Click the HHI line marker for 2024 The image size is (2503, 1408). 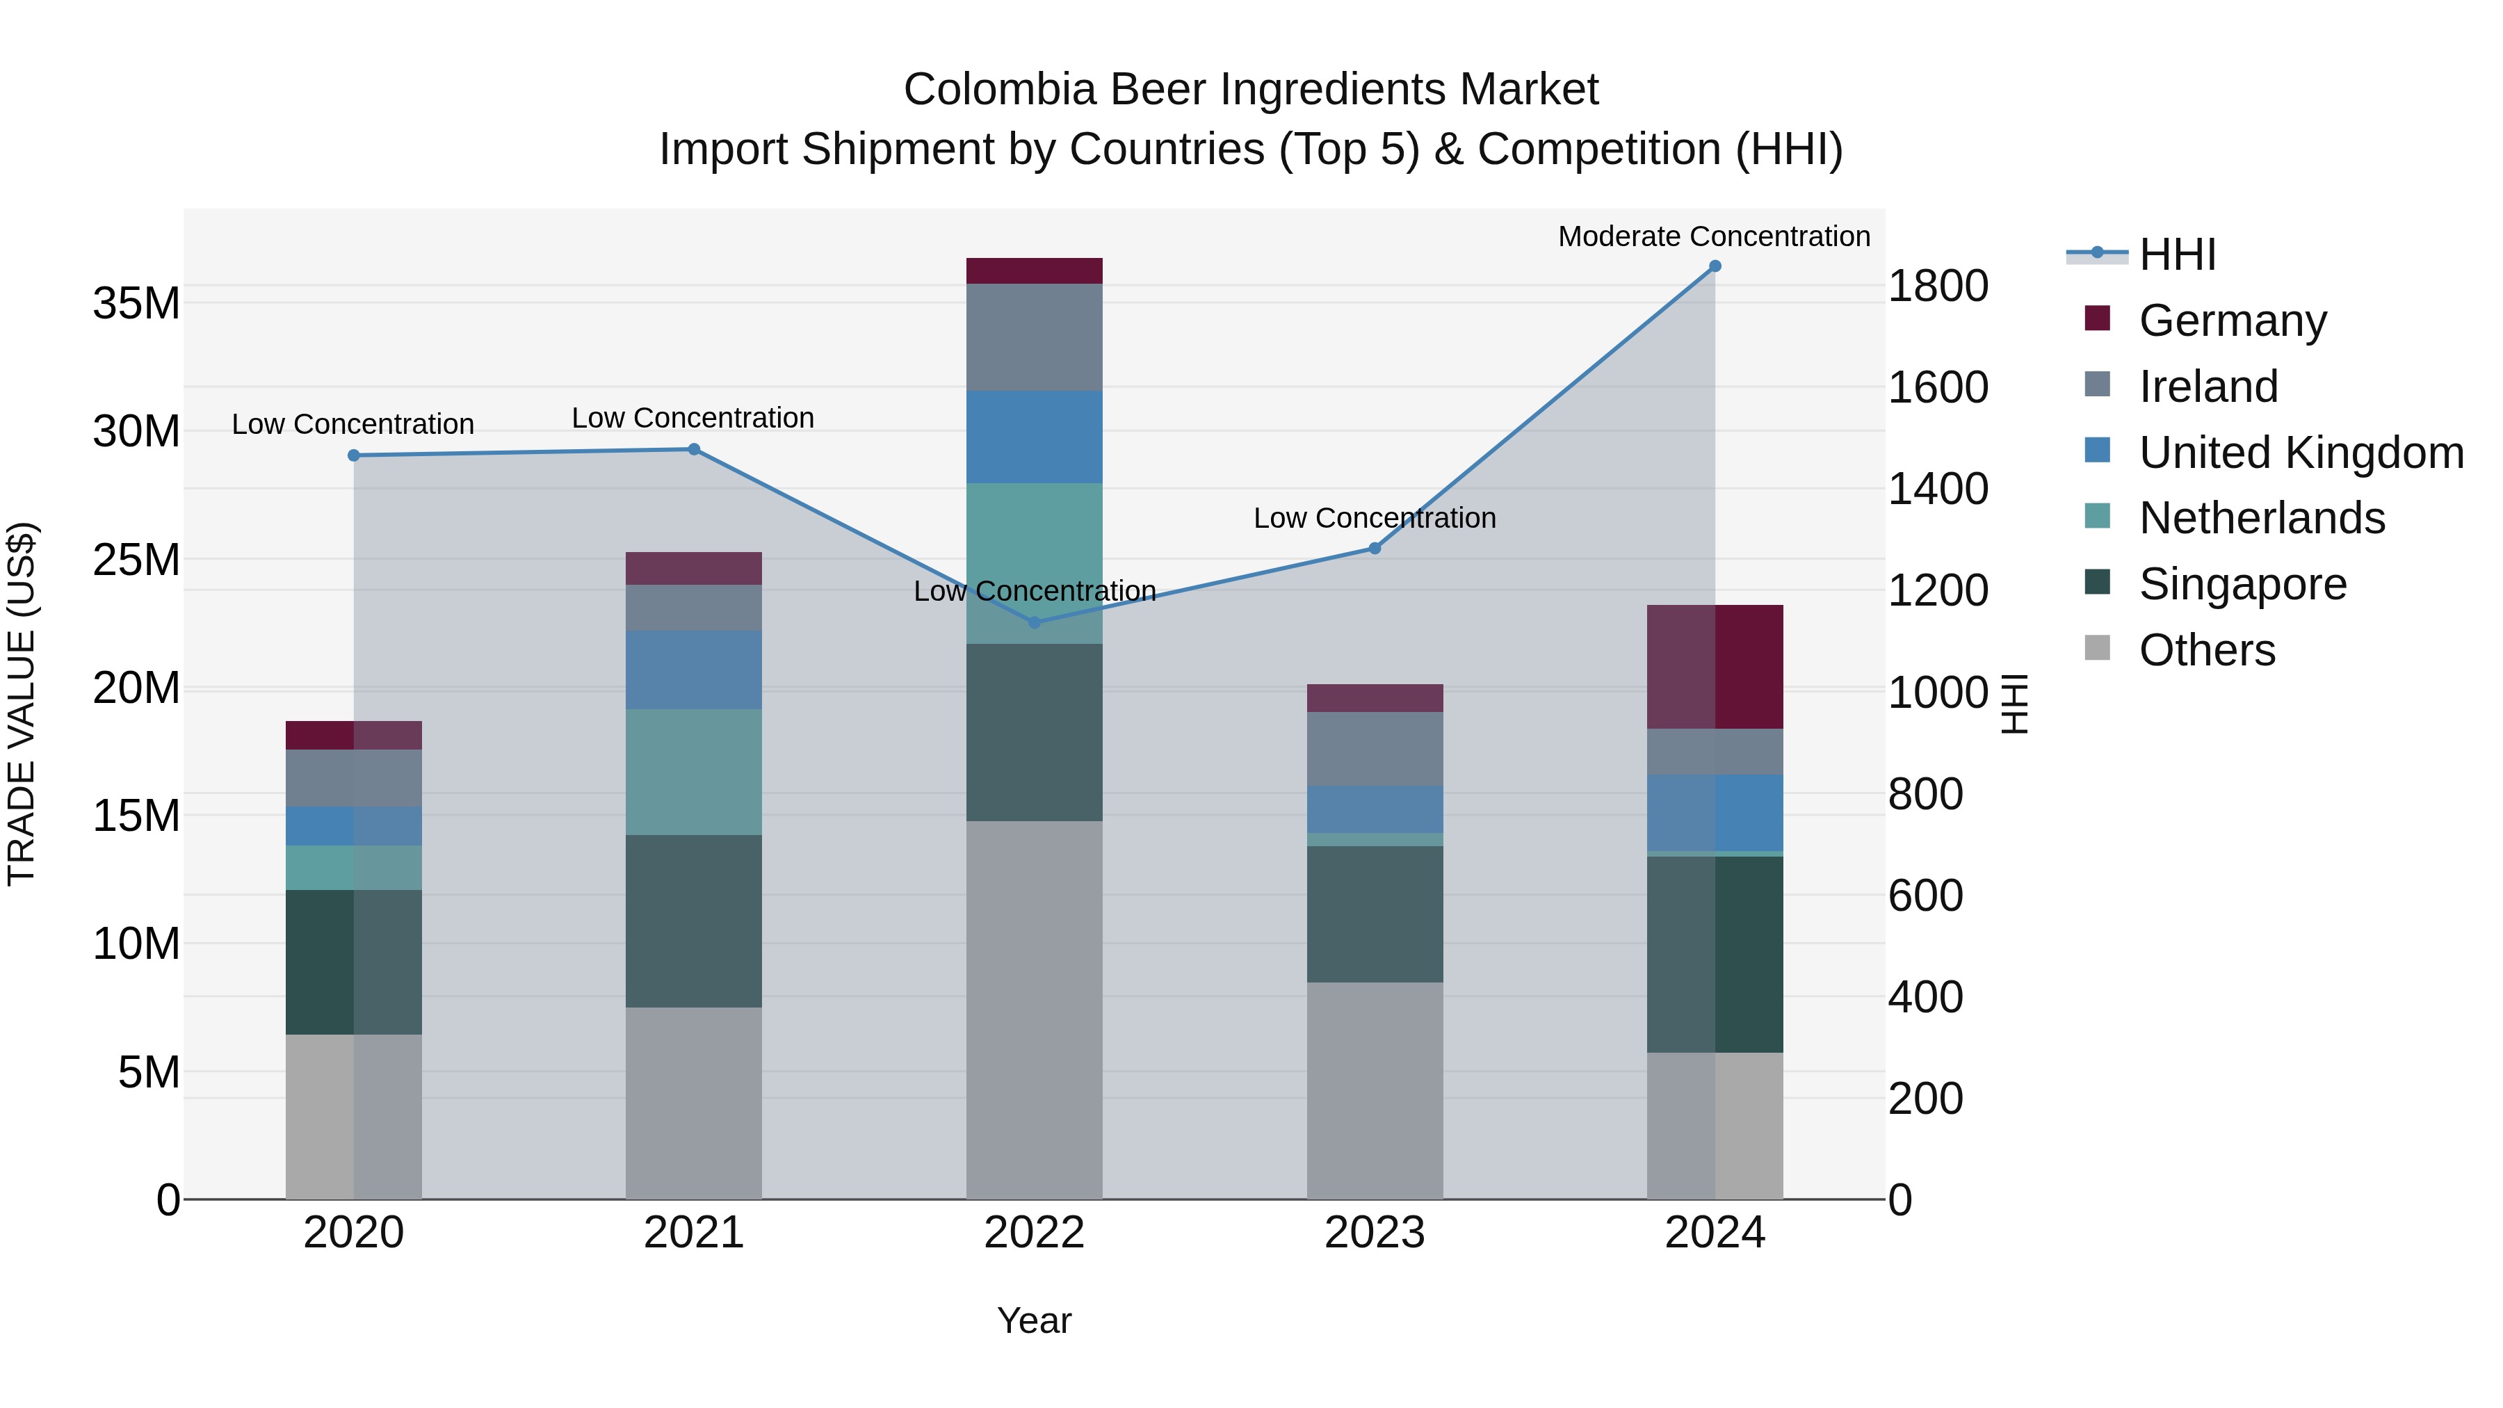pyautogui.click(x=1715, y=266)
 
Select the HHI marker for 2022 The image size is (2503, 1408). pyautogui.click(x=1035, y=623)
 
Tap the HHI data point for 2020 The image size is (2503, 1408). pyautogui.click(x=354, y=455)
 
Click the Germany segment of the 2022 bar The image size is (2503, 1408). pyautogui.click(x=1035, y=271)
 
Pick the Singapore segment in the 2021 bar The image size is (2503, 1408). pyautogui.click(x=694, y=921)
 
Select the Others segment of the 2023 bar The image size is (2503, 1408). pyautogui.click(x=1375, y=1090)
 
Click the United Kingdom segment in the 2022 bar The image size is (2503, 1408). pyautogui.click(x=1035, y=437)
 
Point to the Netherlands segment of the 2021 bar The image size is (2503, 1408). pyautogui.click(x=694, y=772)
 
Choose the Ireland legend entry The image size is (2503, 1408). pyautogui.click(x=2208, y=387)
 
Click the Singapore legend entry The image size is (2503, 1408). pyautogui.click(x=2242, y=584)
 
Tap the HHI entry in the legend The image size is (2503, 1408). pyautogui.click(x=2176, y=254)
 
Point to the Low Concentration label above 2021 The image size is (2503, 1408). pyautogui.click(x=692, y=418)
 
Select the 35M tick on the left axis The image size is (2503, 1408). pyautogui.click(x=136, y=303)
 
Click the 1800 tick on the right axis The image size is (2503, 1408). pyautogui.click(x=1938, y=286)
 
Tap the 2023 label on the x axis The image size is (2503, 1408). pyautogui.click(x=1375, y=1233)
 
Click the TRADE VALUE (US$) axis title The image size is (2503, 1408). pyautogui.click(x=22, y=704)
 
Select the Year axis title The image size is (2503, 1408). pyautogui.click(x=1034, y=1320)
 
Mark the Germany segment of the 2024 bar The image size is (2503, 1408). pyautogui.click(x=1715, y=667)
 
